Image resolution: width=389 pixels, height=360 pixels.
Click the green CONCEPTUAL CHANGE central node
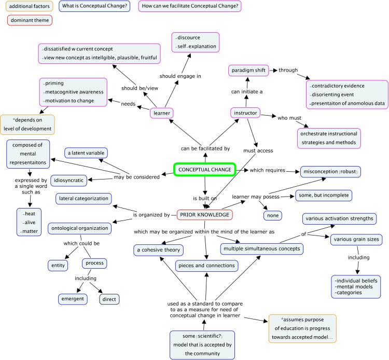[x=204, y=170]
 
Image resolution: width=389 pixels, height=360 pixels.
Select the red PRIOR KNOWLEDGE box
[x=204, y=215]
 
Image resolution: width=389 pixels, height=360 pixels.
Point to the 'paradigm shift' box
[x=248, y=70]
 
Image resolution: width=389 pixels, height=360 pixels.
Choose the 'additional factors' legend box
[x=26, y=7]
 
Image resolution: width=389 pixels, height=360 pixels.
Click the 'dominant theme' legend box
[x=29, y=21]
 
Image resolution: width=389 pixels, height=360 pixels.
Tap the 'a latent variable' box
[x=86, y=153]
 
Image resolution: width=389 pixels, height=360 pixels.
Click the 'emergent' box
[x=73, y=299]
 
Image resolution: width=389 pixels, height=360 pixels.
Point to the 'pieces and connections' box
[x=206, y=266]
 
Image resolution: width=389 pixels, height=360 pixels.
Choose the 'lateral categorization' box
[x=84, y=198]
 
